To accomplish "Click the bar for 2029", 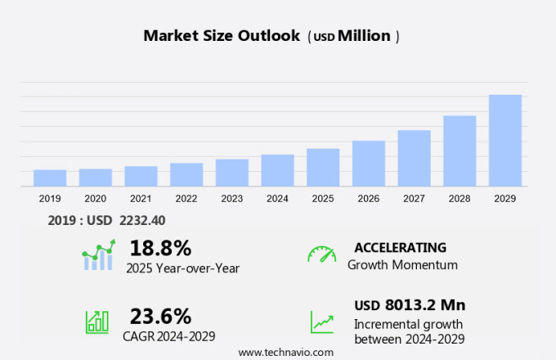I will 504,141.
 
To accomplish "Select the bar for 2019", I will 50,178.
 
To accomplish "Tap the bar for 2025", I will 323,167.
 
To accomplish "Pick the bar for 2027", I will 414,158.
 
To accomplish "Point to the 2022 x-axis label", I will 186,198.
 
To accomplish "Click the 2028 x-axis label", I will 460,198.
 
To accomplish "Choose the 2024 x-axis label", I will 277,198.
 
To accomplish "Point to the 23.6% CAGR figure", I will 160,316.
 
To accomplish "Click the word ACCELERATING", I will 400,247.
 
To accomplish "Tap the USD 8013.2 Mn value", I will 410,305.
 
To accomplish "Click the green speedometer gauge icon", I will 321,254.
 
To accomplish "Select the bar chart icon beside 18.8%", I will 99,255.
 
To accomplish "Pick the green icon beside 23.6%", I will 97,322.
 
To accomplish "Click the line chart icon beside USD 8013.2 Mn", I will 321,322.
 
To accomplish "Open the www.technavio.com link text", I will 285,352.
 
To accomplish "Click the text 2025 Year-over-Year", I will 182,267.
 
